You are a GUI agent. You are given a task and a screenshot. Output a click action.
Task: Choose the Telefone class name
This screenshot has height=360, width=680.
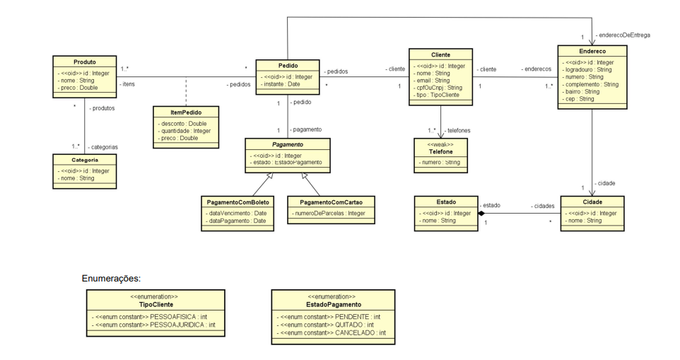tap(440, 151)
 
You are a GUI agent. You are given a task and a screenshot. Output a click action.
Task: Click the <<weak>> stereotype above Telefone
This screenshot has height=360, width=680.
tap(440, 144)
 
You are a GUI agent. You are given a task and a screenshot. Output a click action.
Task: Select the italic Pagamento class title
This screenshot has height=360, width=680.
tap(288, 144)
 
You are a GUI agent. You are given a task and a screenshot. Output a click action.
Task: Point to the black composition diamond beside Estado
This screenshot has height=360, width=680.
tap(481, 213)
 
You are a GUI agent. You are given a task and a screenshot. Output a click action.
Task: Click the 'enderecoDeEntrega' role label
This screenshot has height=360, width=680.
tap(623, 35)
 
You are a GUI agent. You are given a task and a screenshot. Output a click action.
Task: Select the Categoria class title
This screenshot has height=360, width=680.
tap(85, 161)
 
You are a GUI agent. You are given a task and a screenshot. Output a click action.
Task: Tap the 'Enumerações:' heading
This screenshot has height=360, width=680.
tap(112, 279)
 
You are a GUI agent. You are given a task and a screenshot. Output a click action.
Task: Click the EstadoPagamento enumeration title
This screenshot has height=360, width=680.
tap(331, 304)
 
